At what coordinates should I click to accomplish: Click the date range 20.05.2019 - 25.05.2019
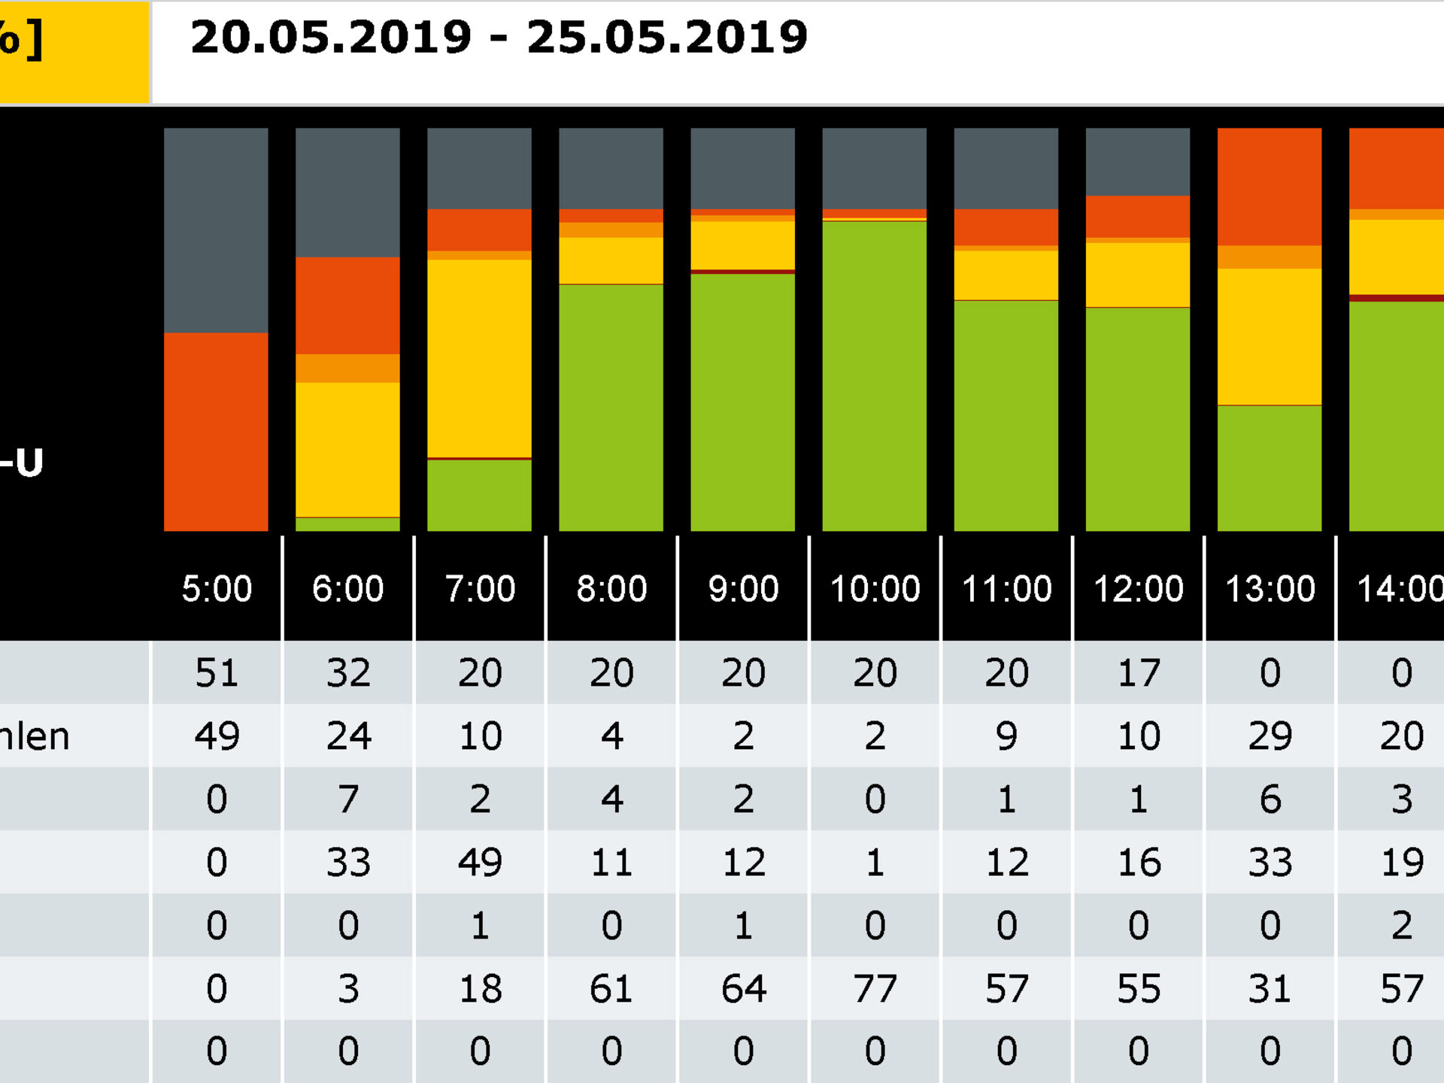click(x=499, y=38)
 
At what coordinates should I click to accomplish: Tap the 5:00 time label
click(x=217, y=589)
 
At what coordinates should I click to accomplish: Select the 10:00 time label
click(x=875, y=589)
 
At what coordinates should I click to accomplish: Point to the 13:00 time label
click(x=1270, y=589)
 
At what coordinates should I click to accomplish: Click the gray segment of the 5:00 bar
click(x=216, y=229)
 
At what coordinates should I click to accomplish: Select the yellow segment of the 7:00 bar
click(x=479, y=357)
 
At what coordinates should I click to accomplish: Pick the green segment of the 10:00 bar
click(x=874, y=376)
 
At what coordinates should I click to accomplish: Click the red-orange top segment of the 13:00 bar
click(x=1269, y=186)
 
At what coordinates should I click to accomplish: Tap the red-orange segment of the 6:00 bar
click(x=347, y=305)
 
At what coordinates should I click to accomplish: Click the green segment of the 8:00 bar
click(x=611, y=406)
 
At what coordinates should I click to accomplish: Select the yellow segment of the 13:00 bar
click(x=1269, y=336)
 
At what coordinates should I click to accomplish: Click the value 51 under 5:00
click(x=217, y=672)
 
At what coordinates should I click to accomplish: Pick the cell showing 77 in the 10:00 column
click(x=875, y=988)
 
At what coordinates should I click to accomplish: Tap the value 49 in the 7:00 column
click(x=480, y=862)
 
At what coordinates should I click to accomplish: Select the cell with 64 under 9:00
click(x=743, y=988)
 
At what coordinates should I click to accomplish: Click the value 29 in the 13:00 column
click(x=1270, y=736)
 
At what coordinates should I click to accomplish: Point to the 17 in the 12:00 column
click(x=1138, y=672)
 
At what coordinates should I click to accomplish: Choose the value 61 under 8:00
click(x=611, y=988)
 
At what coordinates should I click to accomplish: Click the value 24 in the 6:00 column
click(x=348, y=736)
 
